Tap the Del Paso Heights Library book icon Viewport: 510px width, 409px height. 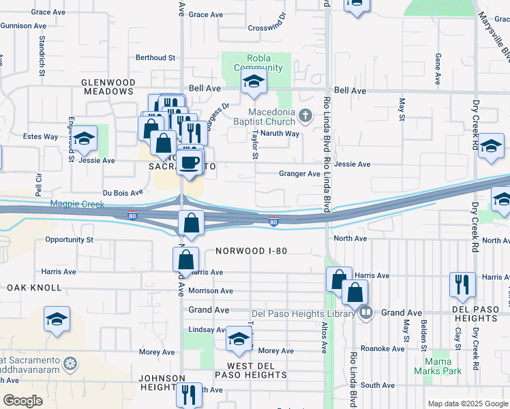tap(367, 313)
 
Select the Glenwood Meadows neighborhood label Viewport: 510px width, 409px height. tap(107, 87)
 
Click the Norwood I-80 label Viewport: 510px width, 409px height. tap(251, 251)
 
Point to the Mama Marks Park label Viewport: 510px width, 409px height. tap(438, 366)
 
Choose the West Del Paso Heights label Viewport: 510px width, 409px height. tap(245, 371)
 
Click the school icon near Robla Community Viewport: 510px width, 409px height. tap(254, 82)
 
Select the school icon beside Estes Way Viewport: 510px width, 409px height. tap(84, 139)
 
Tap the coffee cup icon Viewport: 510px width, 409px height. tap(190, 162)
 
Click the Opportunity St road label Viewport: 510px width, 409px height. tap(69, 240)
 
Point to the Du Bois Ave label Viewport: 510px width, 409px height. tap(123, 193)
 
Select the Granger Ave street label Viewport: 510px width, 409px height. tap(299, 174)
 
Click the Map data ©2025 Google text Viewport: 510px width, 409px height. tap(467, 404)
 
